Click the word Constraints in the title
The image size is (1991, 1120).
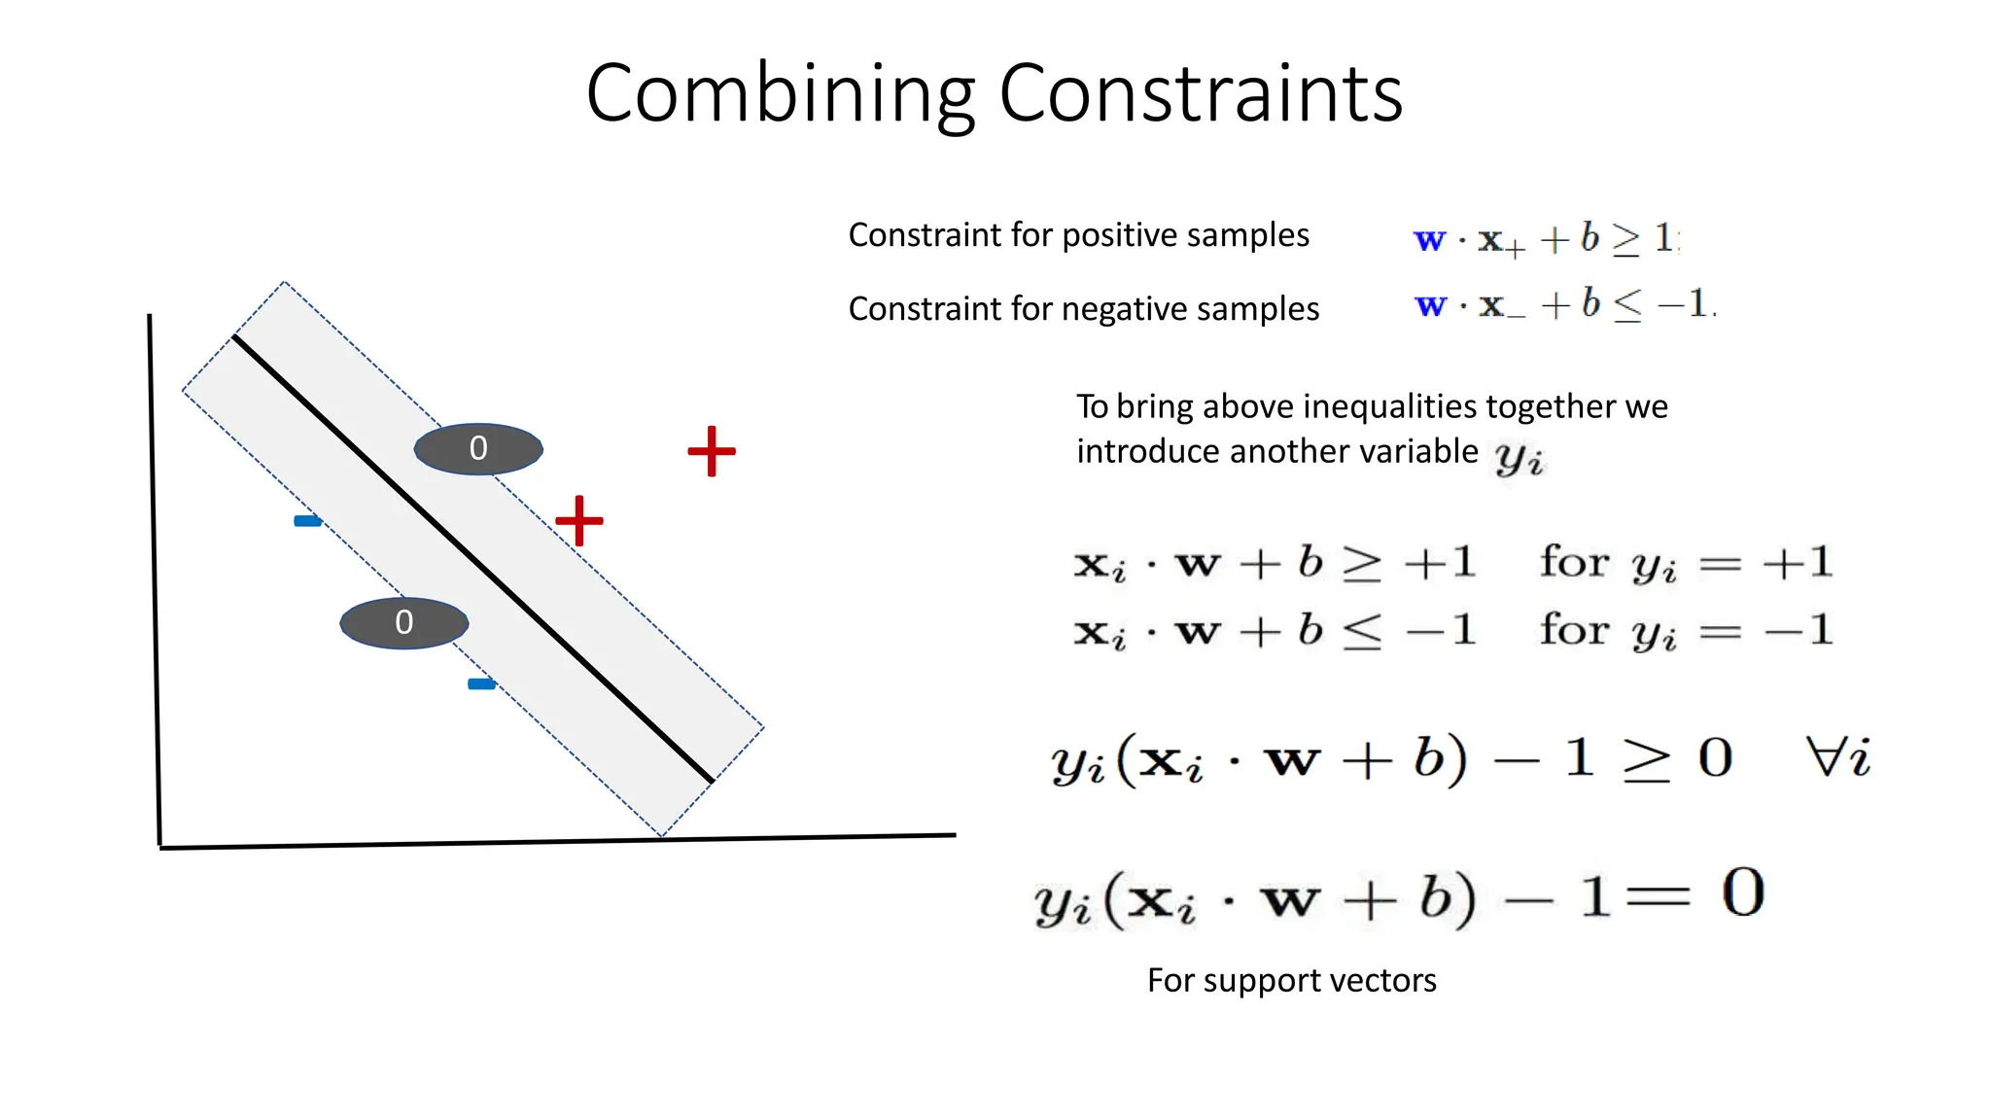(1201, 94)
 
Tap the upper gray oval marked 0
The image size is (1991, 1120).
(478, 448)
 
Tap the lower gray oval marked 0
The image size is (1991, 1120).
(404, 622)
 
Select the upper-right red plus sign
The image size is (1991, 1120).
(712, 451)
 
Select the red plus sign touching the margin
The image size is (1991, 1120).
(579, 520)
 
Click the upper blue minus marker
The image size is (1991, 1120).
(307, 521)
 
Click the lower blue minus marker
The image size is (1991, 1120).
(481, 684)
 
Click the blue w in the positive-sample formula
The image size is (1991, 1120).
(1429, 239)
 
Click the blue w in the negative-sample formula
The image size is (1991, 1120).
(1430, 305)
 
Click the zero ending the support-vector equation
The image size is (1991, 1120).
(1742, 892)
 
